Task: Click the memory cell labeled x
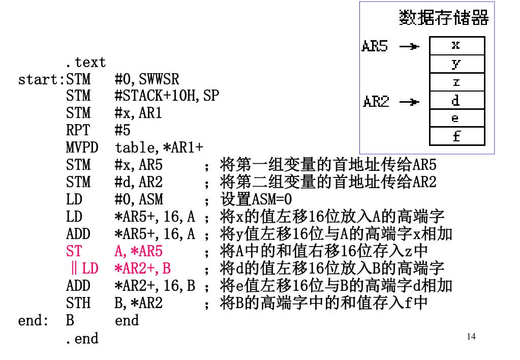[x=456, y=45]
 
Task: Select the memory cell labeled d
[x=456, y=101]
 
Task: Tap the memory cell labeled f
[x=456, y=136]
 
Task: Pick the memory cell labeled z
[x=456, y=82]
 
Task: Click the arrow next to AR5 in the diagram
[x=409, y=47]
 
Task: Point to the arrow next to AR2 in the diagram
[x=409, y=102]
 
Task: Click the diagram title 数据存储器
[x=444, y=18]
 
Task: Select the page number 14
[x=471, y=336]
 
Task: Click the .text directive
[x=85, y=63]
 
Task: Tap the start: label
[x=41, y=80]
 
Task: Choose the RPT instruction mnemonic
[x=78, y=130]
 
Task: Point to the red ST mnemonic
[x=74, y=251]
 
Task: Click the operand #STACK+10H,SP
[x=167, y=96]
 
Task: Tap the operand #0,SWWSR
[x=147, y=79]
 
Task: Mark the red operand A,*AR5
[x=138, y=251]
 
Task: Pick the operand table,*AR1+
[x=159, y=147]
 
